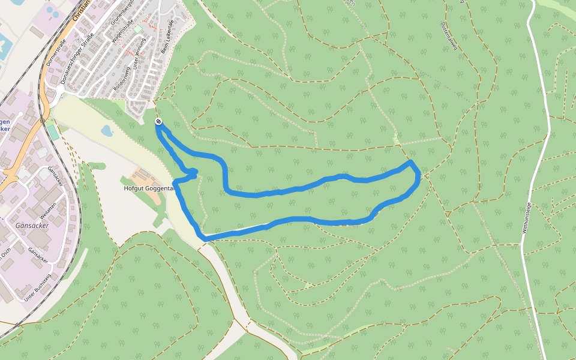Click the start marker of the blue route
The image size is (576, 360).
click(x=158, y=122)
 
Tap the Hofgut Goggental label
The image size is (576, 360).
click(x=149, y=188)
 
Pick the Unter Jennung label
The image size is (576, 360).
click(x=140, y=61)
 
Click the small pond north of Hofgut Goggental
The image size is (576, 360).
click(x=107, y=130)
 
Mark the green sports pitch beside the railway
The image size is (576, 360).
click(x=53, y=131)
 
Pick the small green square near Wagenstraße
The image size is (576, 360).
click(x=137, y=29)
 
